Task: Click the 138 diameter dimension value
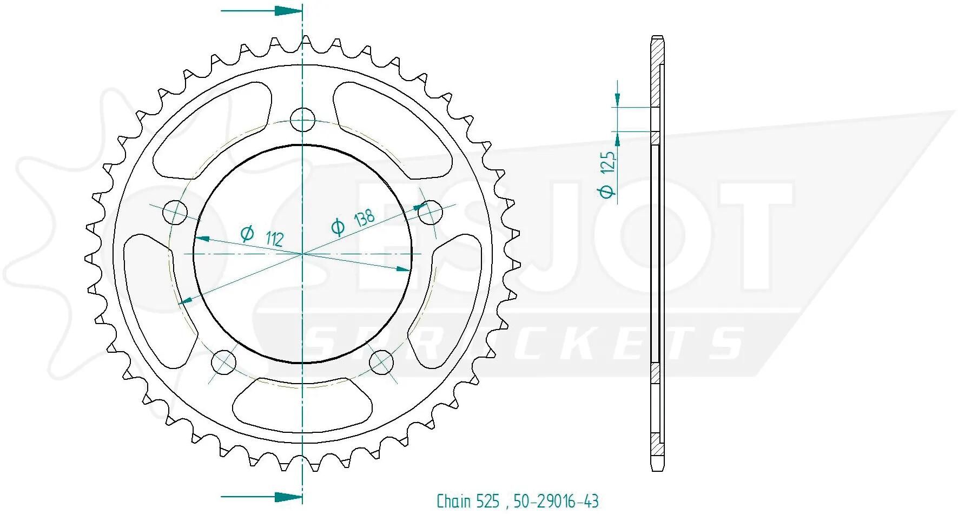(364, 219)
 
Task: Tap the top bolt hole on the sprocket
(302, 120)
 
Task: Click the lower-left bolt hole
(223, 361)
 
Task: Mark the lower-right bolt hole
(381, 361)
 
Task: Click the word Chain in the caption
(454, 501)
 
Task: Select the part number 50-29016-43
(556, 501)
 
